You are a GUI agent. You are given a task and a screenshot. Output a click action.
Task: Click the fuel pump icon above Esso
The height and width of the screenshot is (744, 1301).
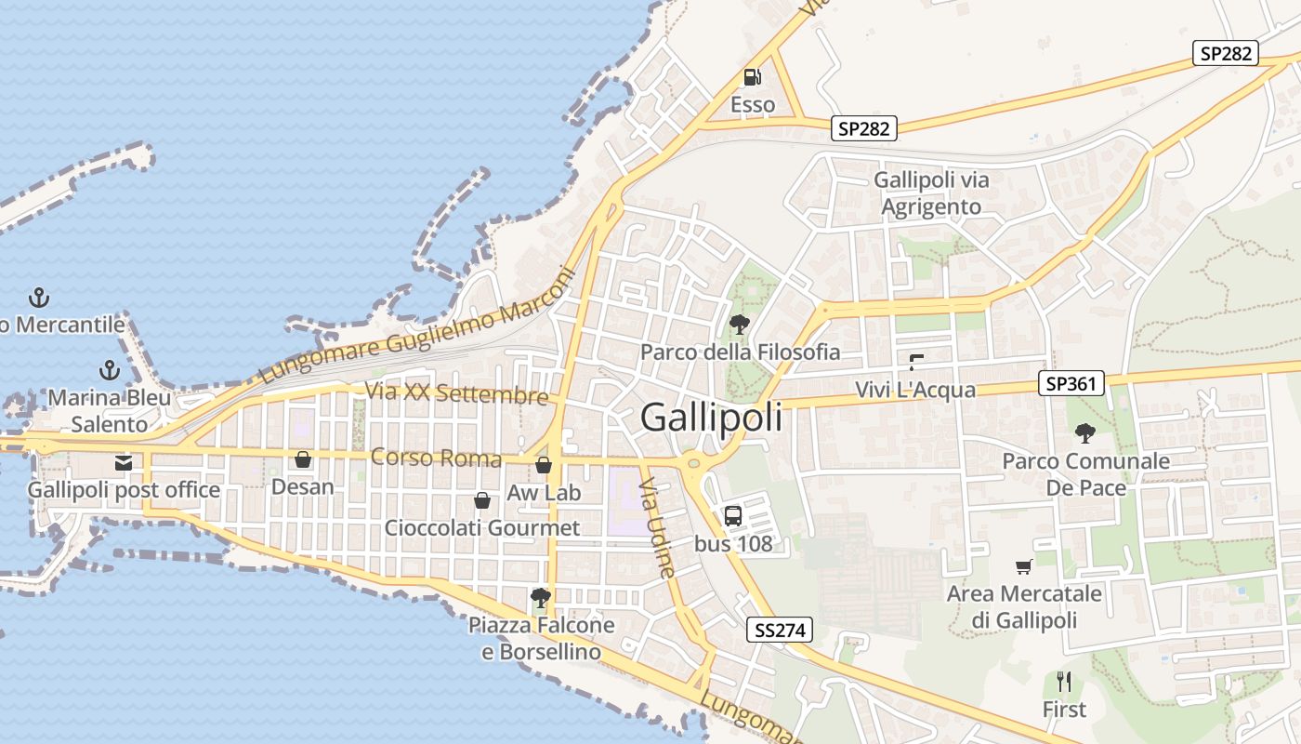[x=752, y=77]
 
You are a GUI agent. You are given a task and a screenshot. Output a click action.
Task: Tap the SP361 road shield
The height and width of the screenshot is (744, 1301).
[x=1071, y=383]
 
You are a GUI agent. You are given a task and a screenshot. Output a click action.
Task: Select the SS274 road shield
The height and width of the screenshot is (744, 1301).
[x=780, y=631]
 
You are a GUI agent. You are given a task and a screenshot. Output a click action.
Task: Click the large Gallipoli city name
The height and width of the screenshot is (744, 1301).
[x=711, y=418]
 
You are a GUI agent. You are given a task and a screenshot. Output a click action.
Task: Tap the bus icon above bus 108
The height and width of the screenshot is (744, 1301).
[x=733, y=516]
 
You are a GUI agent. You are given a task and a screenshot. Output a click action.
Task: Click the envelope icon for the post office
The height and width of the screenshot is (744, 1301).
[x=123, y=462]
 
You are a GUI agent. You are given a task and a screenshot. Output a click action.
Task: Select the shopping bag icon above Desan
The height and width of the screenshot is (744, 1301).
[x=302, y=459]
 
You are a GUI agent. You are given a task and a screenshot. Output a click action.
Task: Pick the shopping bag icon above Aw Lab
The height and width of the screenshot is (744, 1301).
[x=544, y=465]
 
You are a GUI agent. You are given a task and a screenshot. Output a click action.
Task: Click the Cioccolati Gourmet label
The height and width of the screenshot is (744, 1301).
[x=482, y=528]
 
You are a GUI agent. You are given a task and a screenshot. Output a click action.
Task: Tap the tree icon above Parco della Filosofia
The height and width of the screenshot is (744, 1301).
[x=740, y=325]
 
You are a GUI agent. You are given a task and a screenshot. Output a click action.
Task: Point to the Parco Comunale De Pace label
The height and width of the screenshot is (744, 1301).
[x=1085, y=474]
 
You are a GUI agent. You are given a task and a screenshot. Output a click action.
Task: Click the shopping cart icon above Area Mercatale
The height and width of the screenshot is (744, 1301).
[x=1023, y=566]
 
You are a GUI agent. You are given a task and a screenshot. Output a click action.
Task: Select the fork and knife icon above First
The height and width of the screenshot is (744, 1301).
[x=1064, y=682]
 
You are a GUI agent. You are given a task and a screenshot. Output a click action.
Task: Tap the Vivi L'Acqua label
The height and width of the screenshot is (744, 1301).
[x=915, y=390]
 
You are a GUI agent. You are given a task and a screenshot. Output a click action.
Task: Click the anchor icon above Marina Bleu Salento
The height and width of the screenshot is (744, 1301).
[x=110, y=370]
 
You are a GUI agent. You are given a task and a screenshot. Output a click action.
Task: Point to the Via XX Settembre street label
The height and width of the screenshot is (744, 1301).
[x=456, y=393]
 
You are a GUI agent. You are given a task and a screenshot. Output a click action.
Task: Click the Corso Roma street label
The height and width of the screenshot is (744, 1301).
[x=436, y=458]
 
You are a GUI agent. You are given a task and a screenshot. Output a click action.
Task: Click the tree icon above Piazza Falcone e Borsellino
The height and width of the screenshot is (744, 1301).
[x=540, y=597]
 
